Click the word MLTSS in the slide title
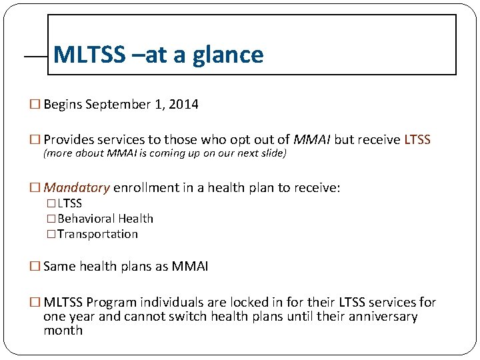coord(89,55)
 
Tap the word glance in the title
coord(228,55)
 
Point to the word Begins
coord(63,105)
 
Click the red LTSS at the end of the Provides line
coord(417,140)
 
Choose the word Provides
coord(70,140)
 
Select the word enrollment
coord(145,188)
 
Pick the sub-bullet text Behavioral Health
coord(105,219)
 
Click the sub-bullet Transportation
coord(98,234)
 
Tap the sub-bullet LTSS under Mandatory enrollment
coord(70,203)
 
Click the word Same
coord(59,267)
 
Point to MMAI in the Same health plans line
coord(190,267)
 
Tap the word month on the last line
coord(63,330)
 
